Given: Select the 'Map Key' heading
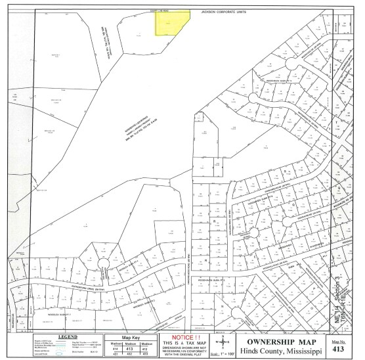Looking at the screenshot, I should pos(131,336).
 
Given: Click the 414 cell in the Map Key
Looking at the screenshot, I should pos(114,348).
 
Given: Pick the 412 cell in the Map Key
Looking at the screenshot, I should pos(148,348).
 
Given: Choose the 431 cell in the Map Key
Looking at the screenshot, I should pos(114,354).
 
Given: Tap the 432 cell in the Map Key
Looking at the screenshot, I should pos(131,354).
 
